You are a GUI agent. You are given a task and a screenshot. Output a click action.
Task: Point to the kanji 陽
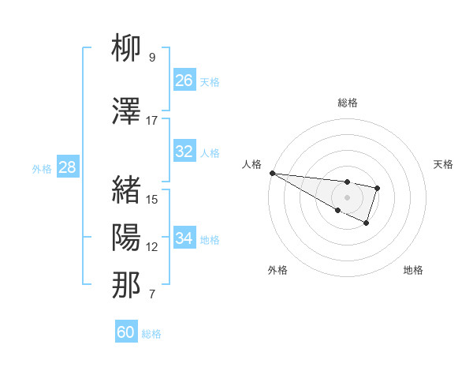tap(126, 237)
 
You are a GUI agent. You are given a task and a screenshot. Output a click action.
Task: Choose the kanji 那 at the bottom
tap(126, 285)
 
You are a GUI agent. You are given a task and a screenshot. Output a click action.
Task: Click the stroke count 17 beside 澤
tap(152, 121)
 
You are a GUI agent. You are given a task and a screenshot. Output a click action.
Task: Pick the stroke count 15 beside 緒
tap(152, 199)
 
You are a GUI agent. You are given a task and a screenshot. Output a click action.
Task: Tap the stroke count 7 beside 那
tap(152, 295)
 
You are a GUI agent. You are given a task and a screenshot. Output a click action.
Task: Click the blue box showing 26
tap(184, 81)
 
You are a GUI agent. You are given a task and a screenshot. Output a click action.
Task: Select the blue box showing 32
tap(184, 152)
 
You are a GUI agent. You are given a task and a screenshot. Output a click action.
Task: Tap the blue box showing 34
tap(184, 238)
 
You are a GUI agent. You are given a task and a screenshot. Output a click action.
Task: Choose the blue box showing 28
tap(67, 167)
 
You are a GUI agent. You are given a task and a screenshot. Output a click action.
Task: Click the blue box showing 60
tap(126, 332)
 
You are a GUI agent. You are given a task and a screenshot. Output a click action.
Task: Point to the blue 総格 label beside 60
tap(151, 334)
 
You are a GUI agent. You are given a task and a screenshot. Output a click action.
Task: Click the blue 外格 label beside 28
tap(42, 168)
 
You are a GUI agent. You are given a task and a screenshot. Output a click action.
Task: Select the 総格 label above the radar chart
tap(347, 103)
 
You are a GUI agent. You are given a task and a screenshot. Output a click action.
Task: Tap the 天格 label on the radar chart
tap(444, 164)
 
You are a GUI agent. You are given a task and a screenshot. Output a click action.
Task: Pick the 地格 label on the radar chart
tap(413, 270)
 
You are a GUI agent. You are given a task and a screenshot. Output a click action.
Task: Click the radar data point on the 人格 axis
tap(271, 172)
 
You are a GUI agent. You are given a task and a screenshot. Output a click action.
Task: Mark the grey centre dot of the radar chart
tap(347, 197)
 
